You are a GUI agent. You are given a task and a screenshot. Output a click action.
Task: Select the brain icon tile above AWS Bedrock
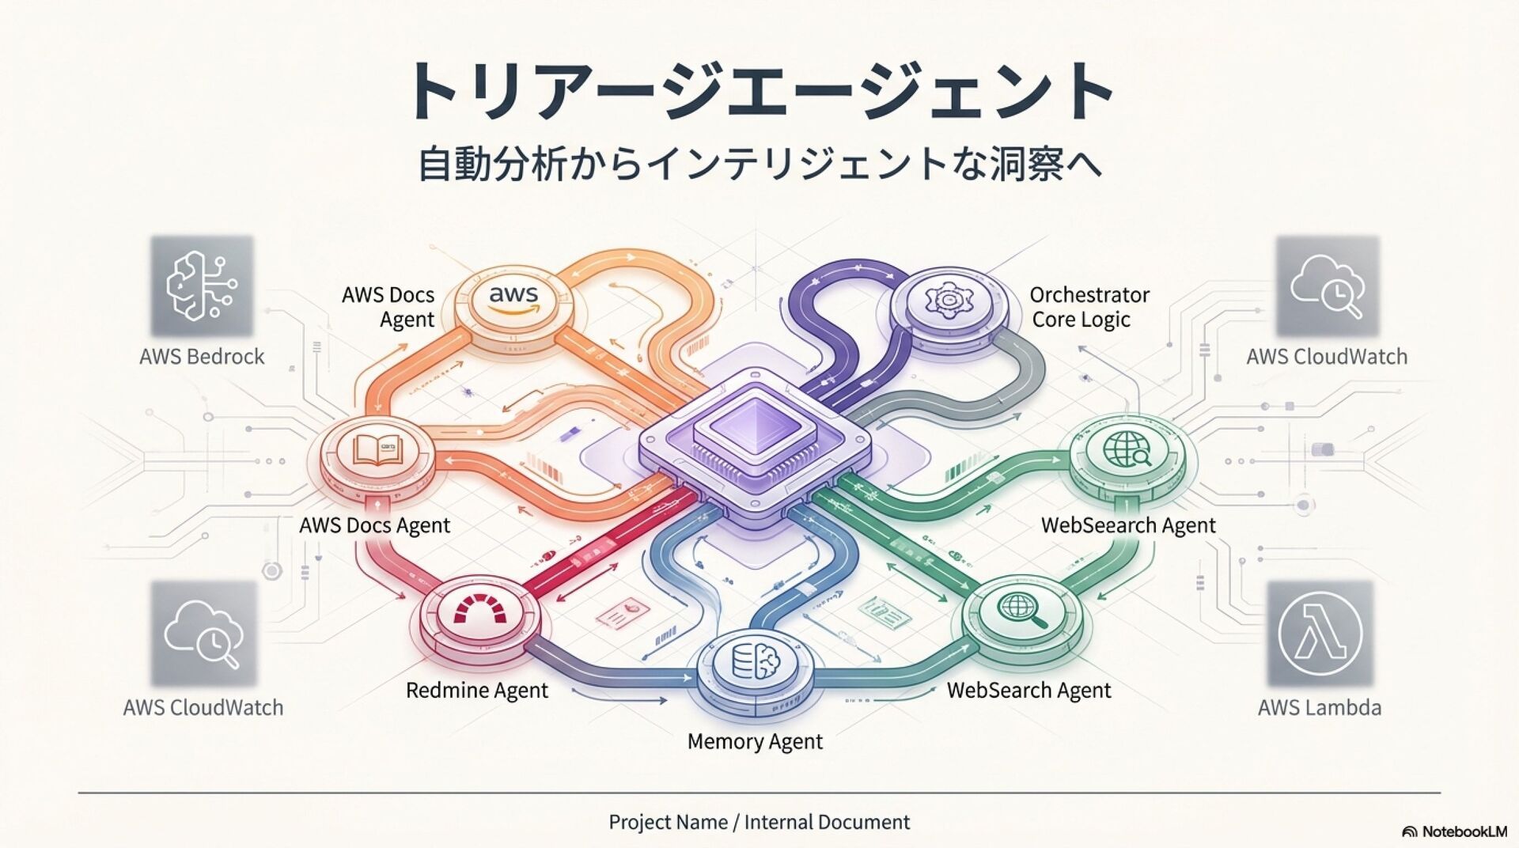point(202,286)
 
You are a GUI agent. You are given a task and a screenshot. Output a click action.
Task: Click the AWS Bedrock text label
point(202,357)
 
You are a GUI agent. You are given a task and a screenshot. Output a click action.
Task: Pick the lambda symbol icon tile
point(1320,634)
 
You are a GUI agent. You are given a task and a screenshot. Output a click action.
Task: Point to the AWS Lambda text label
point(1320,707)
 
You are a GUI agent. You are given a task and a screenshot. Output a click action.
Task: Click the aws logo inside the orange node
point(513,298)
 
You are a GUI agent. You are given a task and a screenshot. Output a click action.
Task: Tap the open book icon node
point(377,452)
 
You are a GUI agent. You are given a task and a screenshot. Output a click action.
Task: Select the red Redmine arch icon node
point(482,611)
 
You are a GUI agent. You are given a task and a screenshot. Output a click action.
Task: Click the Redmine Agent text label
point(476,691)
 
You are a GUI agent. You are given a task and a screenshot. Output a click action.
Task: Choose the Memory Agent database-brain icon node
point(756,661)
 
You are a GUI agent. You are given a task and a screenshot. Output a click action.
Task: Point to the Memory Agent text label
point(755,742)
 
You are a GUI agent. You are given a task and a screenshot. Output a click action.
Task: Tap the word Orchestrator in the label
point(1089,295)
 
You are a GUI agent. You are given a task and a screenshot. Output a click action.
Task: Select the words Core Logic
point(1081,320)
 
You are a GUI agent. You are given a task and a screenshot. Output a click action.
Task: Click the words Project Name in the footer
point(668,823)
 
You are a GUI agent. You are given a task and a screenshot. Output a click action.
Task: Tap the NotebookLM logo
point(1454,831)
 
